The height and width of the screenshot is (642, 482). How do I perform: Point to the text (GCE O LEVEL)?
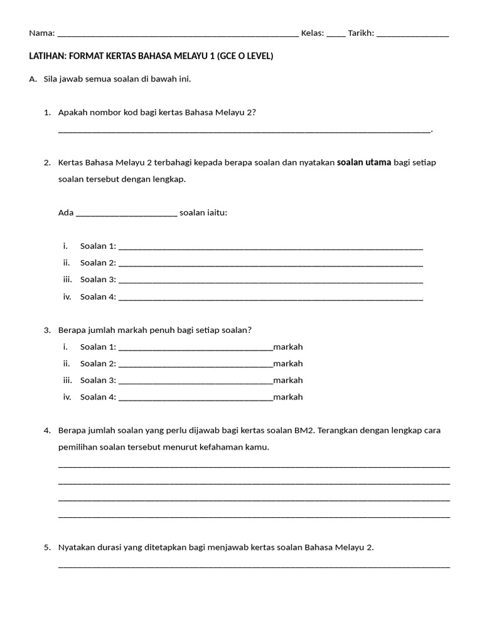pyautogui.click(x=245, y=56)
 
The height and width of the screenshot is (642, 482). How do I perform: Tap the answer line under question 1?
pyautogui.click(x=245, y=131)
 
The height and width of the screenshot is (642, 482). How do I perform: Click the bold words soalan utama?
pyautogui.click(x=364, y=162)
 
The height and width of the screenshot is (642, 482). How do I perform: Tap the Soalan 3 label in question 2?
pyautogui.click(x=97, y=280)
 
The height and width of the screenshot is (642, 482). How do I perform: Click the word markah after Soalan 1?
pyautogui.click(x=288, y=347)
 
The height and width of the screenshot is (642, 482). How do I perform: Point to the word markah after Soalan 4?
pyautogui.click(x=288, y=397)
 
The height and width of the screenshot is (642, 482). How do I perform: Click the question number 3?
pyautogui.click(x=47, y=330)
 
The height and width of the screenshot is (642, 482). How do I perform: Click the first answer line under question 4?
pyautogui.click(x=254, y=466)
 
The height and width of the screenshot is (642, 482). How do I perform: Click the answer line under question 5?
pyautogui.click(x=254, y=566)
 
